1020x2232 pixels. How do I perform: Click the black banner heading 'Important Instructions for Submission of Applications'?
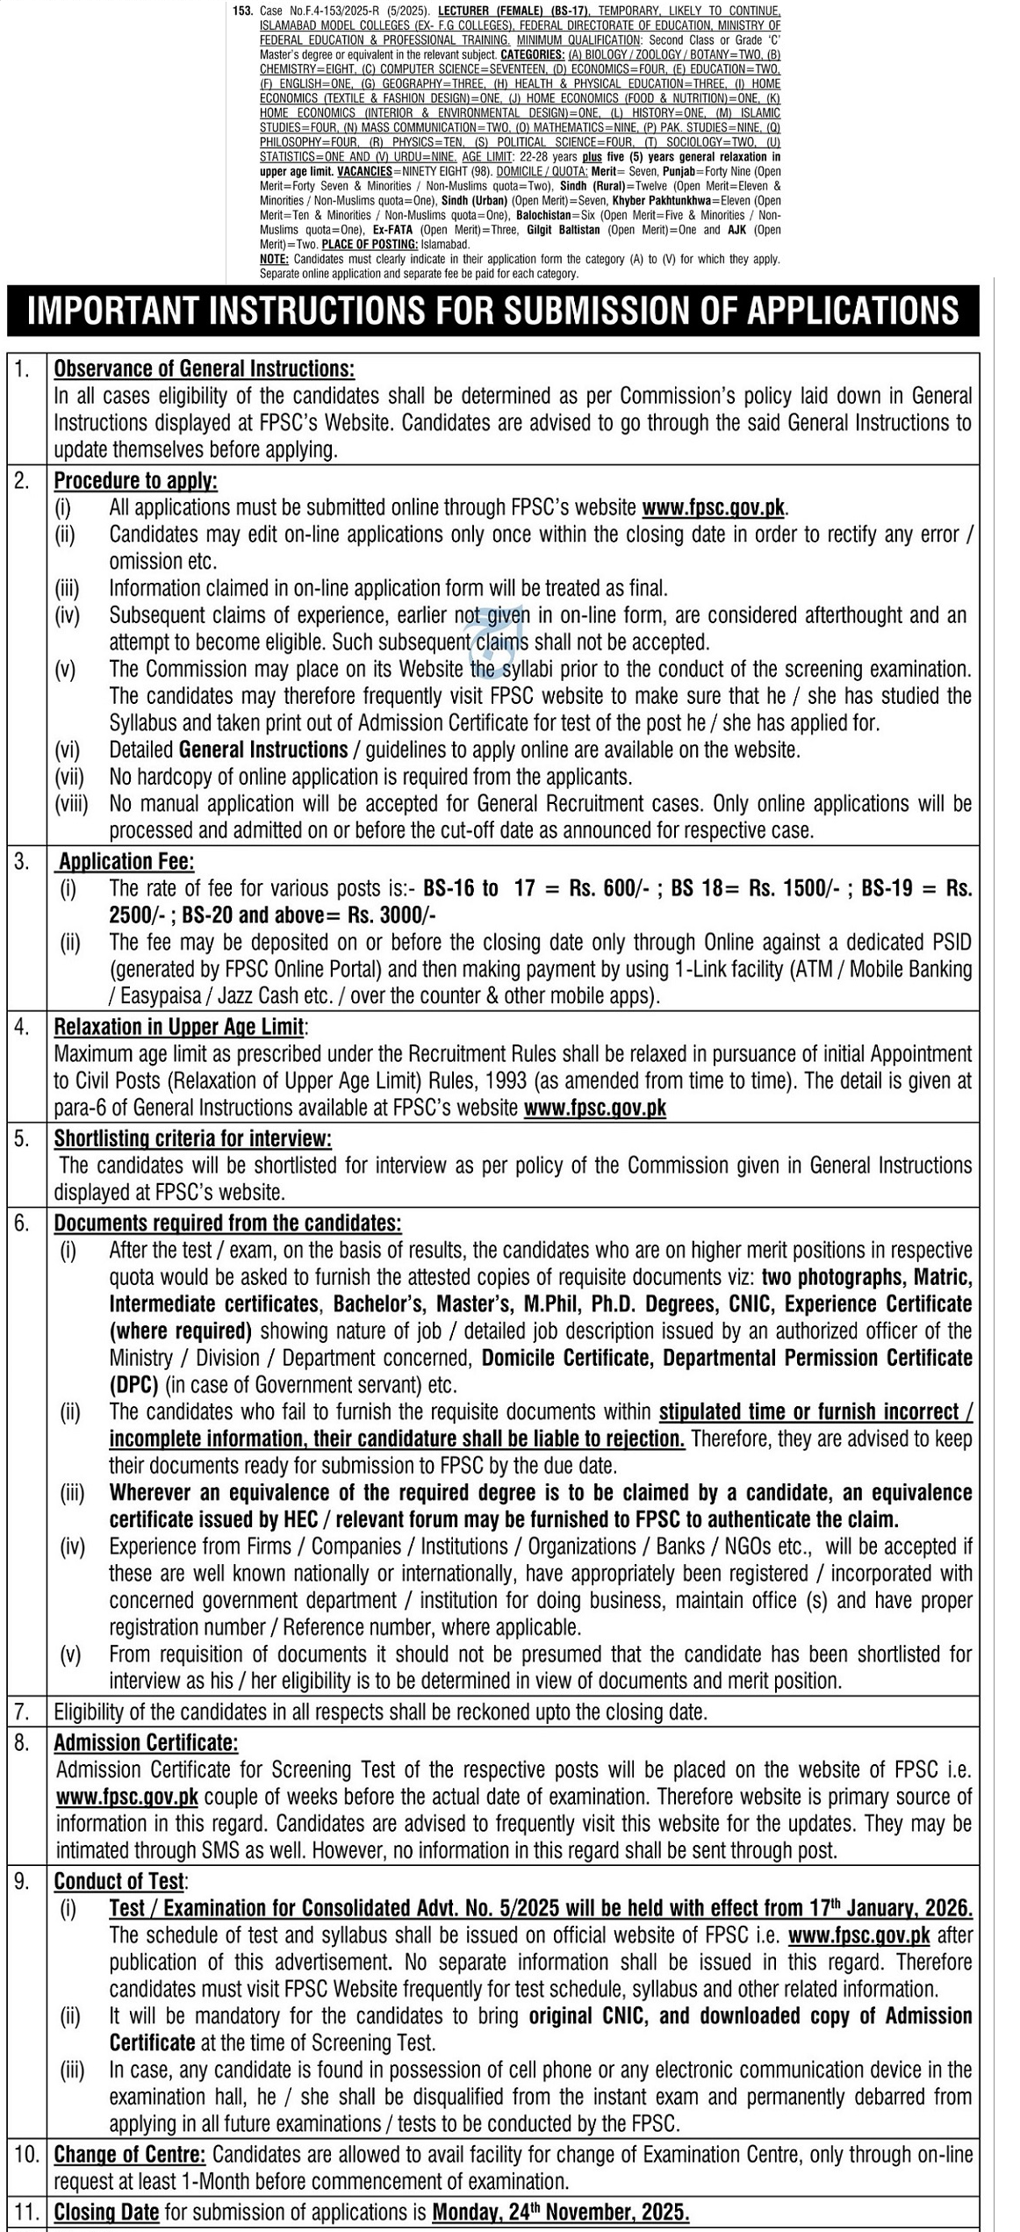(x=493, y=312)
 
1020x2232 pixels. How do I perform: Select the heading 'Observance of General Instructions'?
(x=205, y=370)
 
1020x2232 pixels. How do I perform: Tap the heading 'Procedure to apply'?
(x=136, y=480)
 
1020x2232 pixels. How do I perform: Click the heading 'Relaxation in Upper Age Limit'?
(x=179, y=1027)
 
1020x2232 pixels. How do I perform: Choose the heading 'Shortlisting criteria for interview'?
(x=193, y=1138)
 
